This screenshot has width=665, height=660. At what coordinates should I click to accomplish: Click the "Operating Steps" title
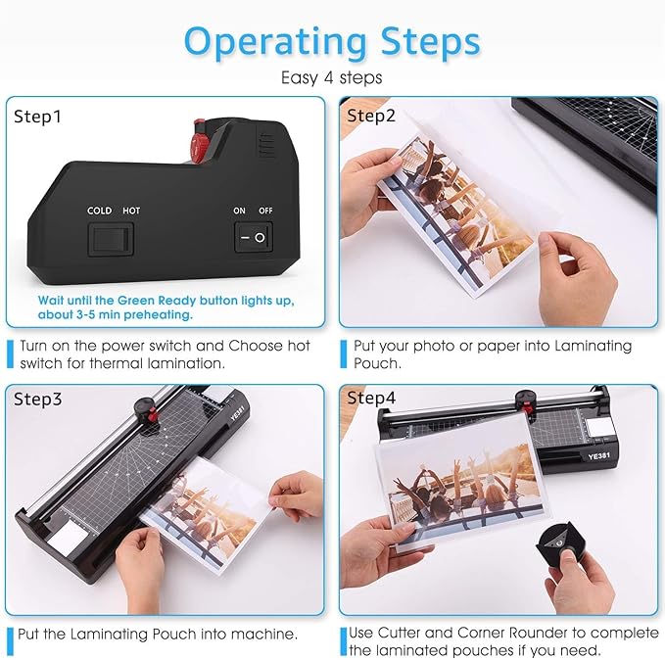coord(332,41)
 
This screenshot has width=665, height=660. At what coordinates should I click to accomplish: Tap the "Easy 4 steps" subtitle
coord(332,77)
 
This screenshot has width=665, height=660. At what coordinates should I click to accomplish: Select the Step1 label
coord(37,117)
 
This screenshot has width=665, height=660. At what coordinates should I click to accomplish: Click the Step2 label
coord(371,117)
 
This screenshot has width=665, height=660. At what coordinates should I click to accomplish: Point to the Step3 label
coord(37,399)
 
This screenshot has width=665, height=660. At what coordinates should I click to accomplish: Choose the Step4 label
coord(371,399)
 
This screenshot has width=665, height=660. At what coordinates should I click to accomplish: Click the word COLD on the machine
coord(99,211)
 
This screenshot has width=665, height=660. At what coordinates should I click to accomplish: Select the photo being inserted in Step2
coord(451,201)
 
